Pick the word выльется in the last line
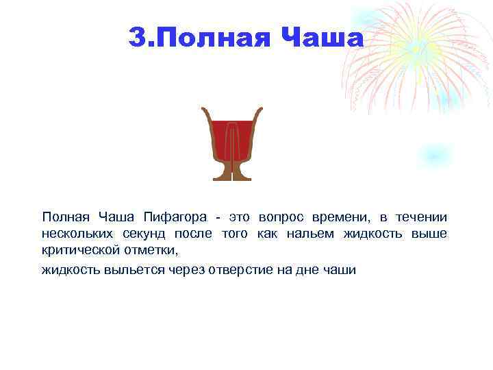coord(134,269)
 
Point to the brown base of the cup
coord(232,174)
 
